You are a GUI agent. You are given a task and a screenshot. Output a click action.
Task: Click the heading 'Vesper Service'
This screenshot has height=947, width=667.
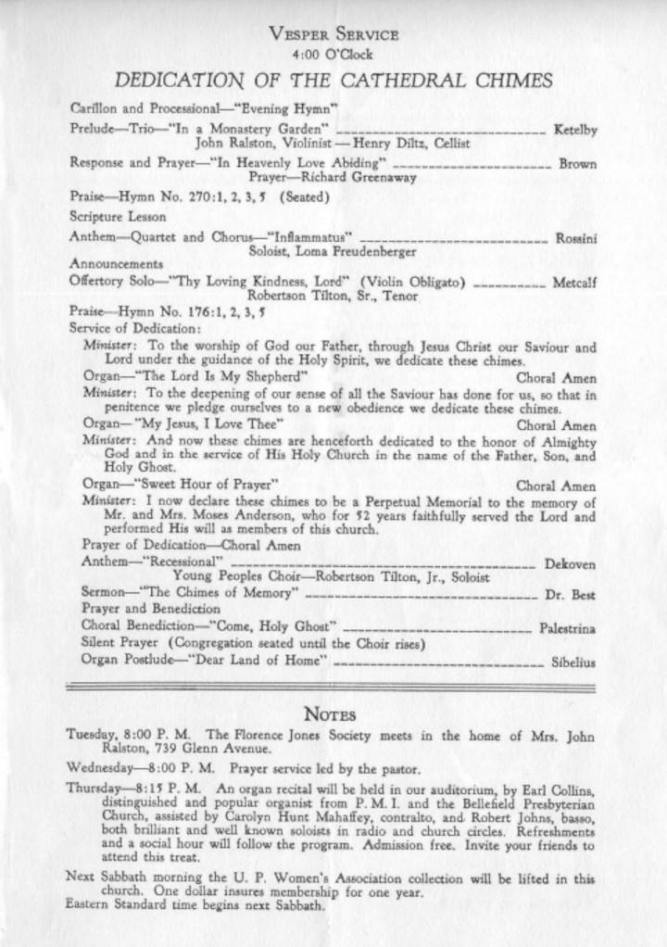coord(333,35)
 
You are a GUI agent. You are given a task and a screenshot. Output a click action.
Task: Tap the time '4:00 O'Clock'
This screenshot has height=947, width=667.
coord(333,55)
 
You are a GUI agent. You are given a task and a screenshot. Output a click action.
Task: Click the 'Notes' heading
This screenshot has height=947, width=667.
coord(332,714)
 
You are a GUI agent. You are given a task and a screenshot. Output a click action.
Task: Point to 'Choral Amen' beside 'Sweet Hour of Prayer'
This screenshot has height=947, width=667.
coord(556,485)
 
